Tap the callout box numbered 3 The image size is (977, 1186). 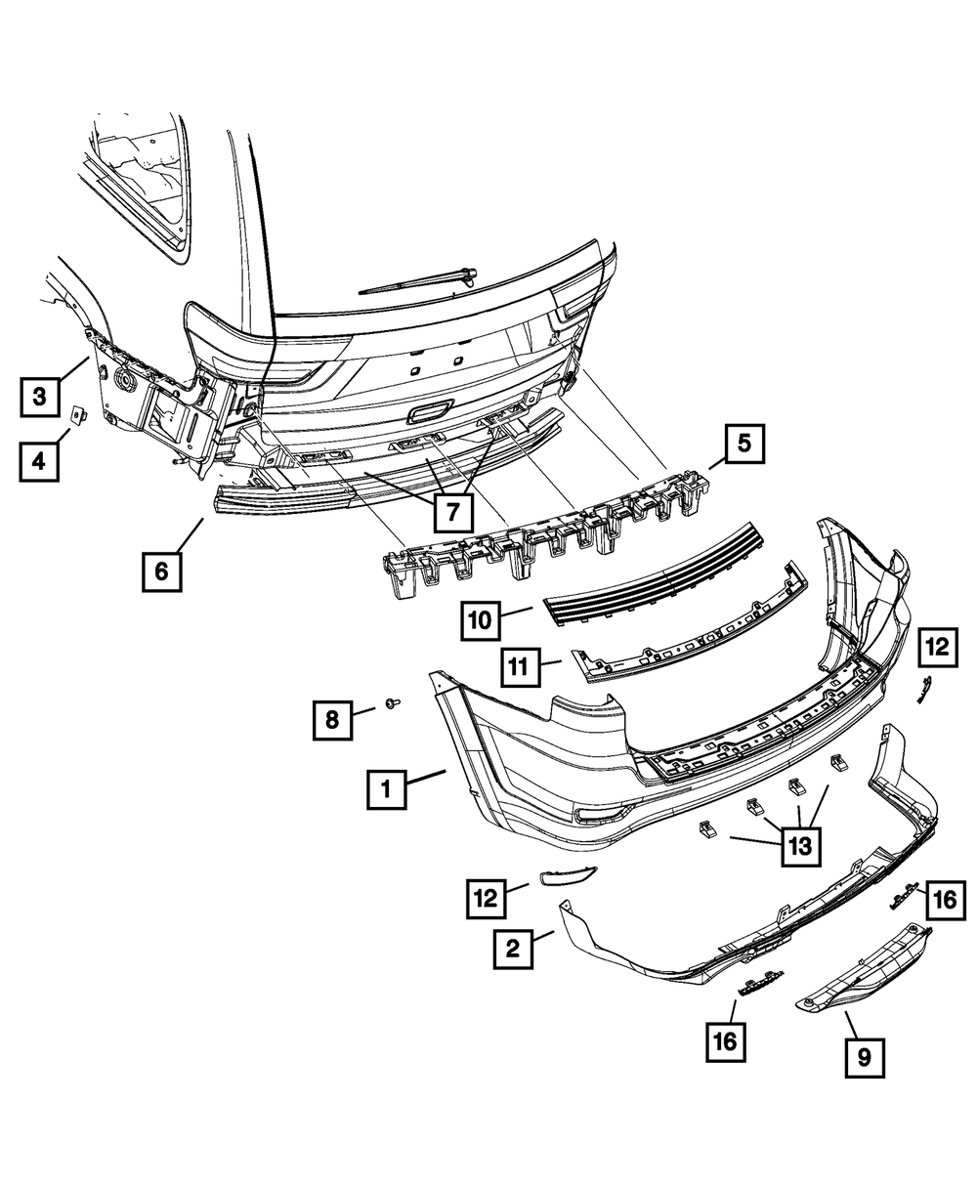(x=39, y=397)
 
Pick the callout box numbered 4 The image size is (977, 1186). (x=39, y=459)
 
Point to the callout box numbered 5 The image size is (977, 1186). (x=744, y=445)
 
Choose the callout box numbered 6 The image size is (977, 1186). (x=161, y=571)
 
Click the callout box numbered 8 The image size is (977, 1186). (x=333, y=720)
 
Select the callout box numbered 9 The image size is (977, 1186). (x=865, y=1056)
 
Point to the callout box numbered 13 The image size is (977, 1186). (x=799, y=846)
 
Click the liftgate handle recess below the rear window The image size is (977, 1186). (x=430, y=414)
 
